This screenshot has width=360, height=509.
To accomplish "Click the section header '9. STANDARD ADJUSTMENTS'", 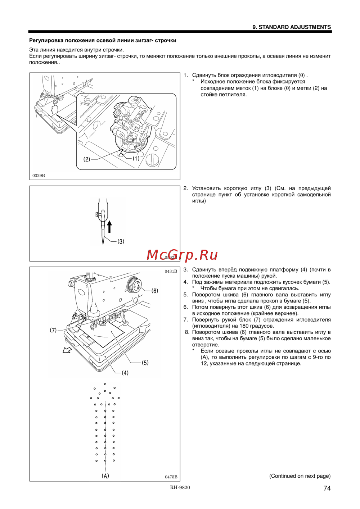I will [x=292, y=27].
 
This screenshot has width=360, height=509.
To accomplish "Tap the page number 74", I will [x=327, y=488].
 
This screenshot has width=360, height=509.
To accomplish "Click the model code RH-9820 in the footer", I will [x=180, y=487].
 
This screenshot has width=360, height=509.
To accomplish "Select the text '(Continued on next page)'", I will [x=300, y=476].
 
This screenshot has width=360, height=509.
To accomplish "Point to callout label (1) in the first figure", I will [x=136, y=158].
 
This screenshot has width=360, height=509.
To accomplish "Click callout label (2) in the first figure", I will [x=87, y=159].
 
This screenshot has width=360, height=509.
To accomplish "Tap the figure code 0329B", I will [x=39, y=176].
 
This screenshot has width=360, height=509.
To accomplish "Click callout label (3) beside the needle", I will [x=121, y=241].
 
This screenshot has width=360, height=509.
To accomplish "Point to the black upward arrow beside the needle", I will [x=109, y=227].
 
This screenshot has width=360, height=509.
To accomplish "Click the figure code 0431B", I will [x=171, y=271].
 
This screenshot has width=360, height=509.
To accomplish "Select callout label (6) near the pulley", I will [x=155, y=291].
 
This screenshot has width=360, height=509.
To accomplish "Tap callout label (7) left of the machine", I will [x=53, y=330].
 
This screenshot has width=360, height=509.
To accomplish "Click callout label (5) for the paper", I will [x=145, y=363].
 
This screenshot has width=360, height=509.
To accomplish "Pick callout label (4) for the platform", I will [x=125, y=373].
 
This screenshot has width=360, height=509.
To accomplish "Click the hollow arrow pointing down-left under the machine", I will [x=67, y=350].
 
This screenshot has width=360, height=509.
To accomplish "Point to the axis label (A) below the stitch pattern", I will [x=105, y=476].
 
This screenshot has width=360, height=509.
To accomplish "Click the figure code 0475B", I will [x=171, y=477].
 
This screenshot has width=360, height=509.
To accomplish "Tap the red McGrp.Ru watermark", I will [x=182, y=255].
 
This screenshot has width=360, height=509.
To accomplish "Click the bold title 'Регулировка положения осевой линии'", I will [x=103, y=40].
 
